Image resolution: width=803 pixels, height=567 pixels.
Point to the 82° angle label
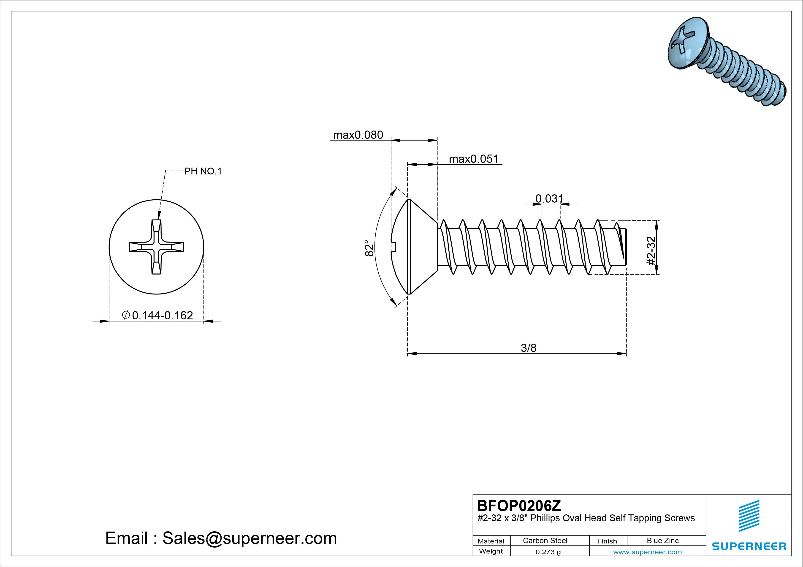tap(369, 248)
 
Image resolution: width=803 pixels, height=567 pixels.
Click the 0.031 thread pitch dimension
tap(549, 198)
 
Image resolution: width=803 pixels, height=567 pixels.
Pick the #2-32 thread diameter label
tap(651, 251)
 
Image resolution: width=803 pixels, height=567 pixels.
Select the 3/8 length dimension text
tap(529, 348)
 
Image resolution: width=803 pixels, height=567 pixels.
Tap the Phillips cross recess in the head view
tap(156, 247)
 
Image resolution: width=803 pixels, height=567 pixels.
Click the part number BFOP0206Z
tap(519, 505)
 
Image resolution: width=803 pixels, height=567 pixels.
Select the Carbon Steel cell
tap(545, 540)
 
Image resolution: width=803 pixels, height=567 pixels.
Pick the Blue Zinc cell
tap(663, 540)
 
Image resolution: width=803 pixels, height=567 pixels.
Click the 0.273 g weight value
tap(548, 552)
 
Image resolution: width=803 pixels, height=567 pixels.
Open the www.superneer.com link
tap(647, 552)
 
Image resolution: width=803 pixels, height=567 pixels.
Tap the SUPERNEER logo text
tap(749, 546)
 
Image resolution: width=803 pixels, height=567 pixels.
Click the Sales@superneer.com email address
tap(249, 538)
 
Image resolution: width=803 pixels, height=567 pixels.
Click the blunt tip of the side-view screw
tap(625, 247)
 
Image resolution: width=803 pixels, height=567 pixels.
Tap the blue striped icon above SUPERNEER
tap(749, 516)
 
